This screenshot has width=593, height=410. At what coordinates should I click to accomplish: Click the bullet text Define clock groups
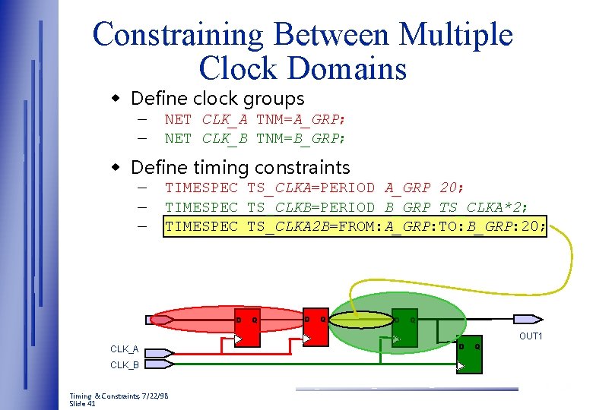(217, 99)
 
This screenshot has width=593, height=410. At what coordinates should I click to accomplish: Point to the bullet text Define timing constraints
(240, 167)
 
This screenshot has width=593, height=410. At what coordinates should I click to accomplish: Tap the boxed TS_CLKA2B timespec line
(354, 225)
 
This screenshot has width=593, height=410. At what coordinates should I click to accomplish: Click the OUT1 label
(530, 336)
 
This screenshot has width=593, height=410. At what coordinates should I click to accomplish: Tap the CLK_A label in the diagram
(125, 349)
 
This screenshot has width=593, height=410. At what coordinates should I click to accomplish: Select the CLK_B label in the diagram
(125, 364)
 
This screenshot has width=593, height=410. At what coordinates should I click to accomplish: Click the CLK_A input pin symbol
(160, 352)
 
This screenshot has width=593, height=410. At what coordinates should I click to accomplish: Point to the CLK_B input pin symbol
(160, 364)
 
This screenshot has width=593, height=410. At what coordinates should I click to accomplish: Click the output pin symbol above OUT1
(529, 320)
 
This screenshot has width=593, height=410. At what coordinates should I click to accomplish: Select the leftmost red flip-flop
(246, 328)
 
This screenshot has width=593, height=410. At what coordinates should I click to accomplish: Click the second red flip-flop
(315, 328)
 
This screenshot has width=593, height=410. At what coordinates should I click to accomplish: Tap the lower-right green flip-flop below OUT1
(468, 354)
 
